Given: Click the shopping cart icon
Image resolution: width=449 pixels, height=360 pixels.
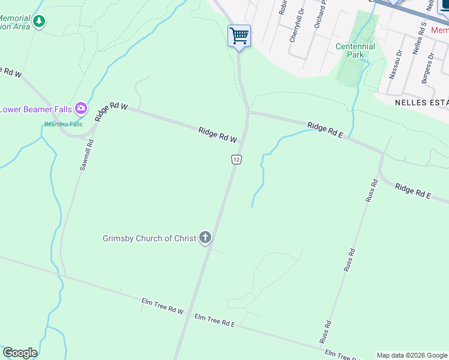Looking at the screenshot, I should tap(239, 35).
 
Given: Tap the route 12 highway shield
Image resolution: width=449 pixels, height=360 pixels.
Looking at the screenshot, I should tap(237, 159).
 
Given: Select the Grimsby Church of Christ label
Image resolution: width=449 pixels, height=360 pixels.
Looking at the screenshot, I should tap(149, 238).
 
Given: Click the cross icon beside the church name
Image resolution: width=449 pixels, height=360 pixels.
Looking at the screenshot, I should tap(205, 238).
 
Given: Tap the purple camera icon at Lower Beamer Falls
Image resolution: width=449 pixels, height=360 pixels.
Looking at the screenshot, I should tap(81, 109).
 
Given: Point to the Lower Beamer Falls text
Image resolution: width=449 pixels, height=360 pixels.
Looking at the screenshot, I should tap(36, 109).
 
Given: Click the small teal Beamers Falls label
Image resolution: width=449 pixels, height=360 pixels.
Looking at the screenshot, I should tap(63, 124).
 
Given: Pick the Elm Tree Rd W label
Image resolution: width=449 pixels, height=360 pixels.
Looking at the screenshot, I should tap(162, 306).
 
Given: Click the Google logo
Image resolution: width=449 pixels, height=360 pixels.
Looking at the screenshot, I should tap(20, 352).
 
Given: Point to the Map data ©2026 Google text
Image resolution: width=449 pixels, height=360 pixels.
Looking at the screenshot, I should tap(412, 355).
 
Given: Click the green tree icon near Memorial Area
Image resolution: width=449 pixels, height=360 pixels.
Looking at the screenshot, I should tap(39, 22).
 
